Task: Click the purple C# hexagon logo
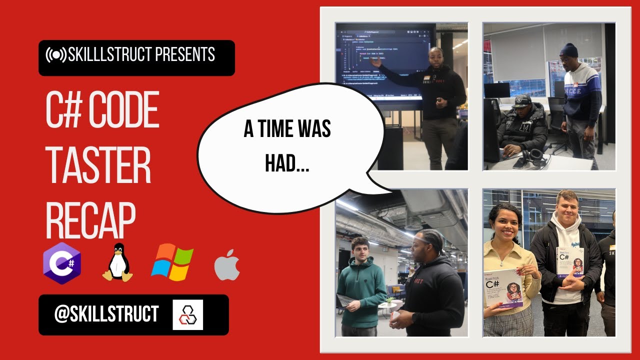click(62, 263)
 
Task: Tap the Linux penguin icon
click(118, 262)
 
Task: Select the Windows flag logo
click(172, 262)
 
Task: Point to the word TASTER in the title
click(98, 166)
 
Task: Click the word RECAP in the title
click(90, 220)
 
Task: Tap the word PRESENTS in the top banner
click(185, 54)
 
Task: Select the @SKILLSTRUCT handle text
click(106, 314)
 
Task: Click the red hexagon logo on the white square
click(187, 314)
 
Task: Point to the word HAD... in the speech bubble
click(287, 164)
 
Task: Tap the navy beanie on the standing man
click(568, 50)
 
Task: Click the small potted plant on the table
click(389, 301)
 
